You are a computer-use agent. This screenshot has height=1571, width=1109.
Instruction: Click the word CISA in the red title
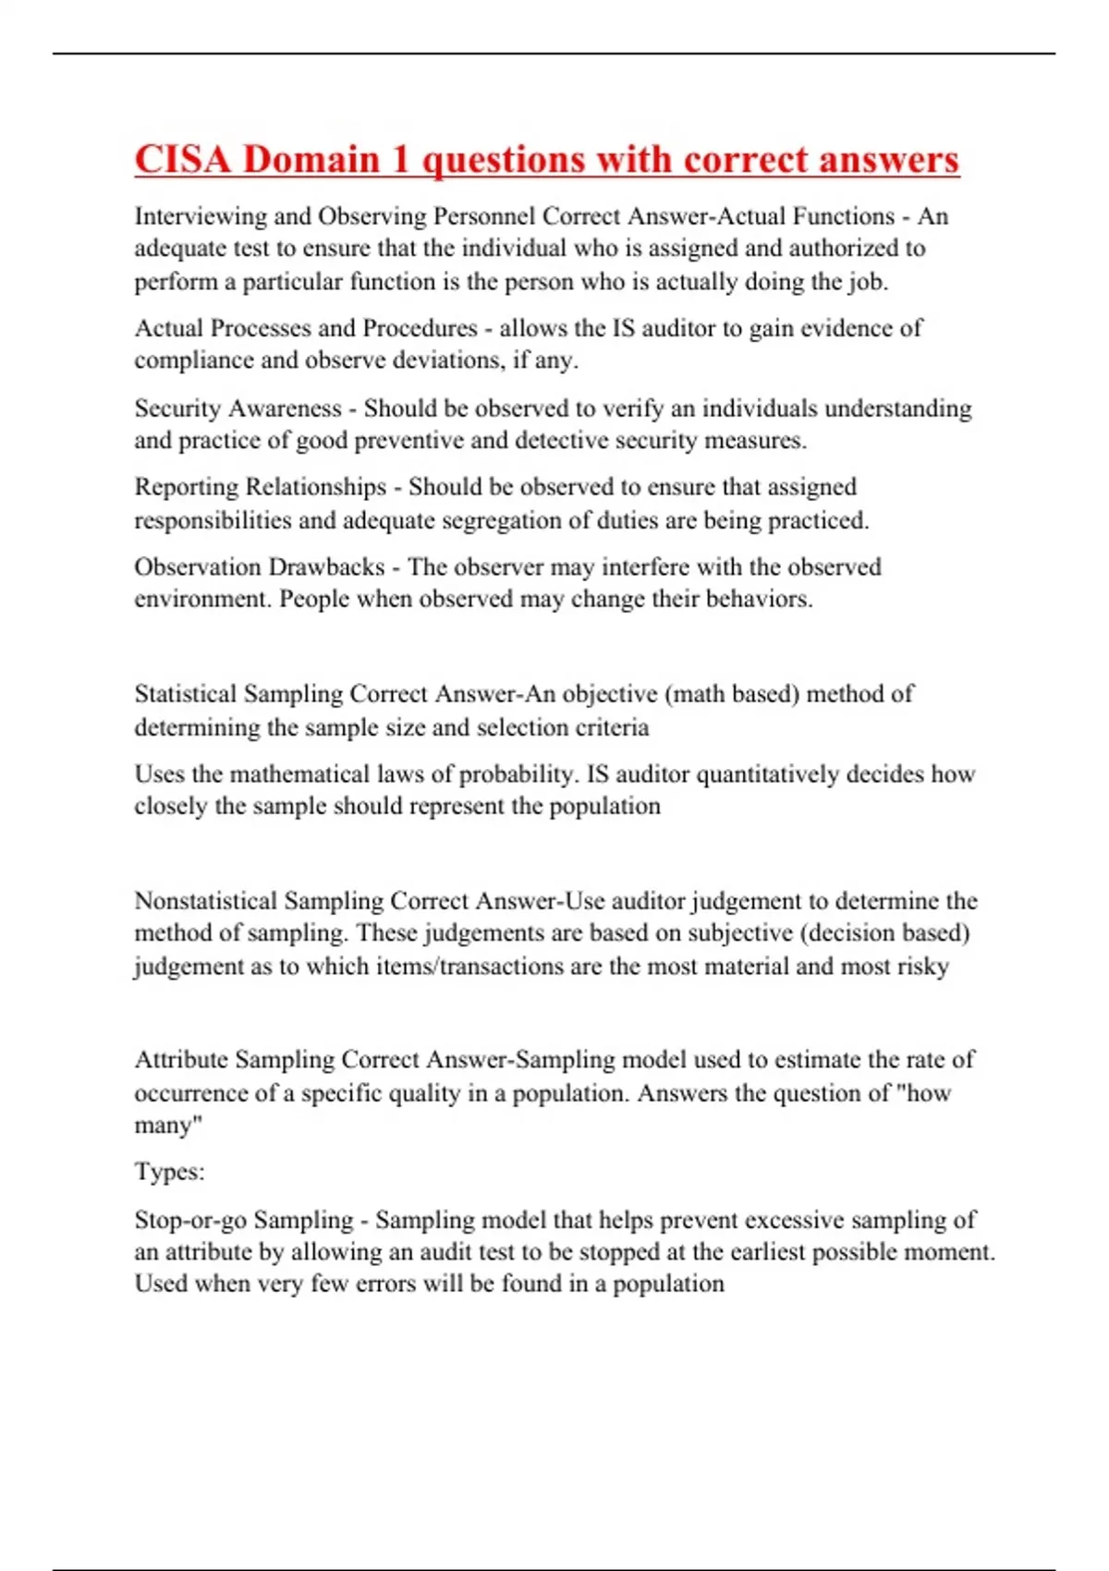coord(182,160)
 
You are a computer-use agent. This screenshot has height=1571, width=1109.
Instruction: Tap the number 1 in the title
coord(399,160)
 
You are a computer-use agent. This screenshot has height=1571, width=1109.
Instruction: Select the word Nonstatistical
coord(205,901)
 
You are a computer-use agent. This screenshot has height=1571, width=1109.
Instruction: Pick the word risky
coord(922,967)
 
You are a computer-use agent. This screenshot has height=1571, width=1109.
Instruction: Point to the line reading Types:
coord(169,1172)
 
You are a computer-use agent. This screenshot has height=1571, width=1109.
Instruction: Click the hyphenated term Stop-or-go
coord(190,1220)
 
